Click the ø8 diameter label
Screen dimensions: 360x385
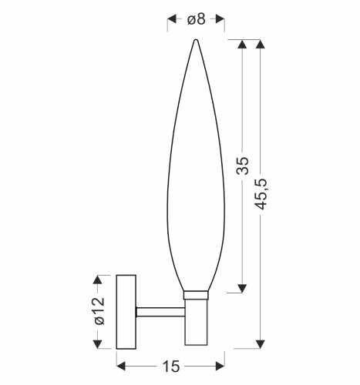click(197, 19)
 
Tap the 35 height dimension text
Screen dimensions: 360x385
click(243, 166)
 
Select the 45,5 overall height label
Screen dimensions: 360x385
click(261, 194)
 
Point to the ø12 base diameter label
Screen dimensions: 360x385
click(99, 311)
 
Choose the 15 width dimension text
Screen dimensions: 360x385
click(171, 367)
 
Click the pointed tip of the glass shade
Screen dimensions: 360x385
click(196, 40)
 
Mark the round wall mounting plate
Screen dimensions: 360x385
click(126, 312)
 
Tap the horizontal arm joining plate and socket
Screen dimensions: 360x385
click(160, 312)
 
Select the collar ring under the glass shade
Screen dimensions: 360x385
click(196, 295)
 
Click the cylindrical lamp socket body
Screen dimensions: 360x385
click(196, 322)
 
